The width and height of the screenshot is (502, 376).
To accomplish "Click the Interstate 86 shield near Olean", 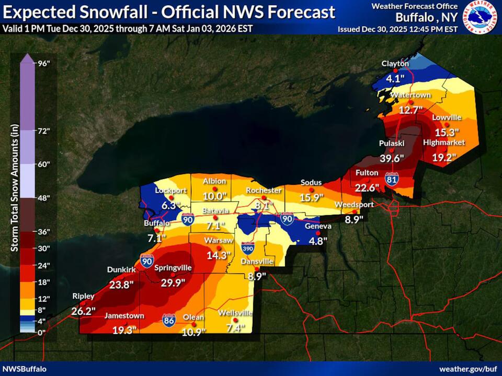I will point(169,319).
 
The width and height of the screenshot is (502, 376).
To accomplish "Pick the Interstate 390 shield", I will point(248,247).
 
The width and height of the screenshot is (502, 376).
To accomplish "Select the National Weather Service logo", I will point(482,17).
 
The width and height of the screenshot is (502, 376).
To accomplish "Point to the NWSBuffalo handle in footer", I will point(24,369).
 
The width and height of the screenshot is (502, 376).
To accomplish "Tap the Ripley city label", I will point(83,296).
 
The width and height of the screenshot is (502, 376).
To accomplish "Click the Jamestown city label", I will point(124,316).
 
